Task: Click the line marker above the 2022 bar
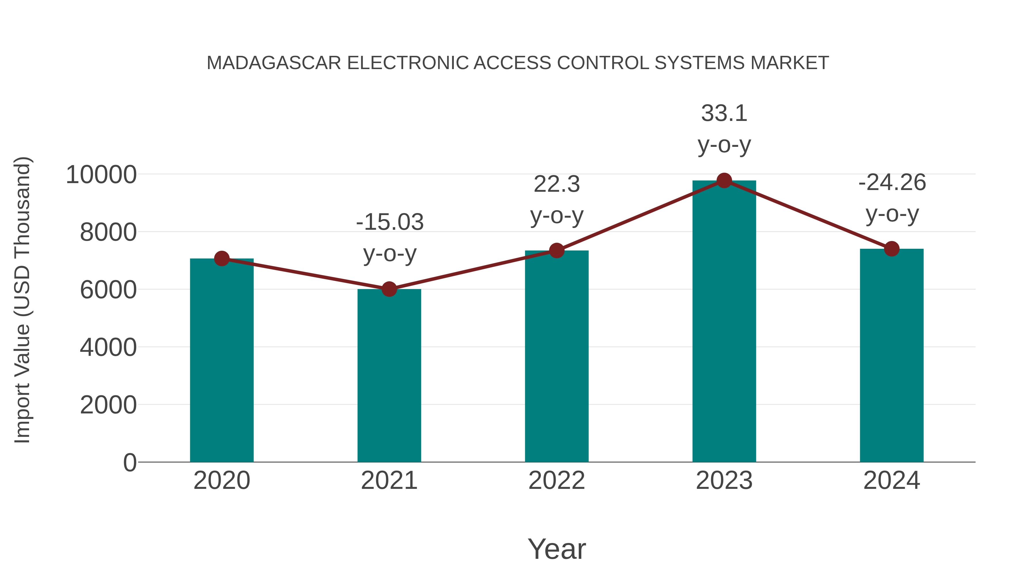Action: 557,251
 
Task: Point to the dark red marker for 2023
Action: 724,181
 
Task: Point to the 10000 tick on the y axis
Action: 101,175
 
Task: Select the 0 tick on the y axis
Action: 129,463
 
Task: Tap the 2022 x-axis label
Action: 557,481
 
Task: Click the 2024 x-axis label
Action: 892,481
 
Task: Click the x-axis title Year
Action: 557,549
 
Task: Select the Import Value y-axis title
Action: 22,300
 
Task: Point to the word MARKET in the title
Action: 789,63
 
